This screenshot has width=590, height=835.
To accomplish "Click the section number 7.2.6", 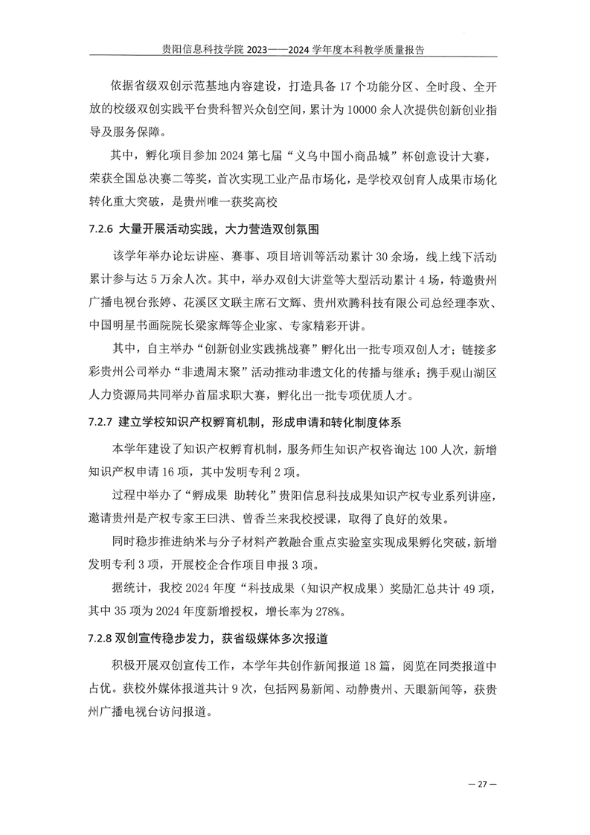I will click(x=99, y=226).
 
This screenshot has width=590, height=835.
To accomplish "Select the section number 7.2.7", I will click(x=99, y=423).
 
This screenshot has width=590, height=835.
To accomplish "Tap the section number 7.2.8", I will click(x=99, y=639).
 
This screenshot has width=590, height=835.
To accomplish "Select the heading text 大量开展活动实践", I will click(x=167, y=226).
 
